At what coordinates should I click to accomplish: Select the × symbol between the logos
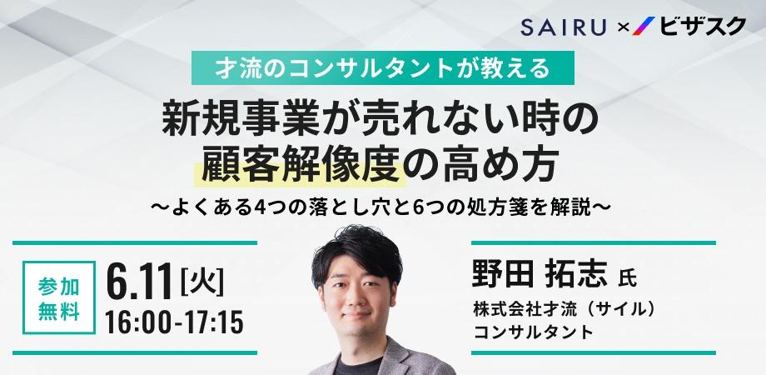pos(621,28)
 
